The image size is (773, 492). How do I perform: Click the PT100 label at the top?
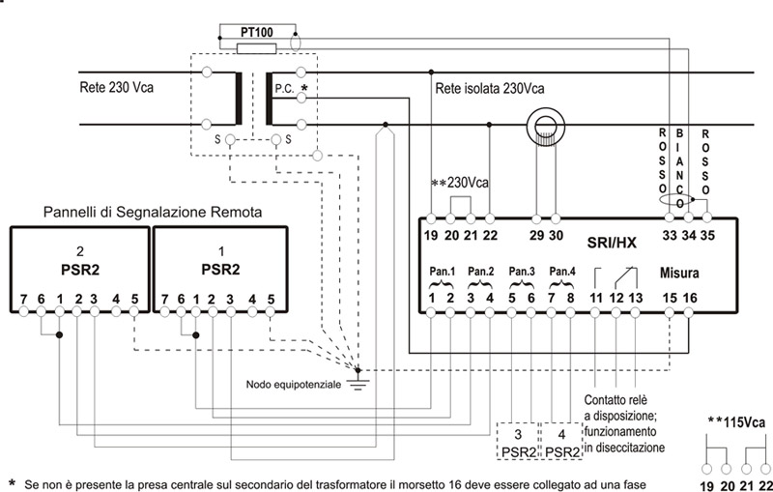(256, 32)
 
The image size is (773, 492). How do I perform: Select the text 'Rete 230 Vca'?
(116, 88)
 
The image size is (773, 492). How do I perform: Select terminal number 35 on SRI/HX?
(709, 233)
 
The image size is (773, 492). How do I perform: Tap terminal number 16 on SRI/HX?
(690, 297)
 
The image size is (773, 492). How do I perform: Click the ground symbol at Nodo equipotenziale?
(359, 383)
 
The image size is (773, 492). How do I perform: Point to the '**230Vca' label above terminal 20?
(461, 183)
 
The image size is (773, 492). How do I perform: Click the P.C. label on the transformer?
(284, 88)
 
